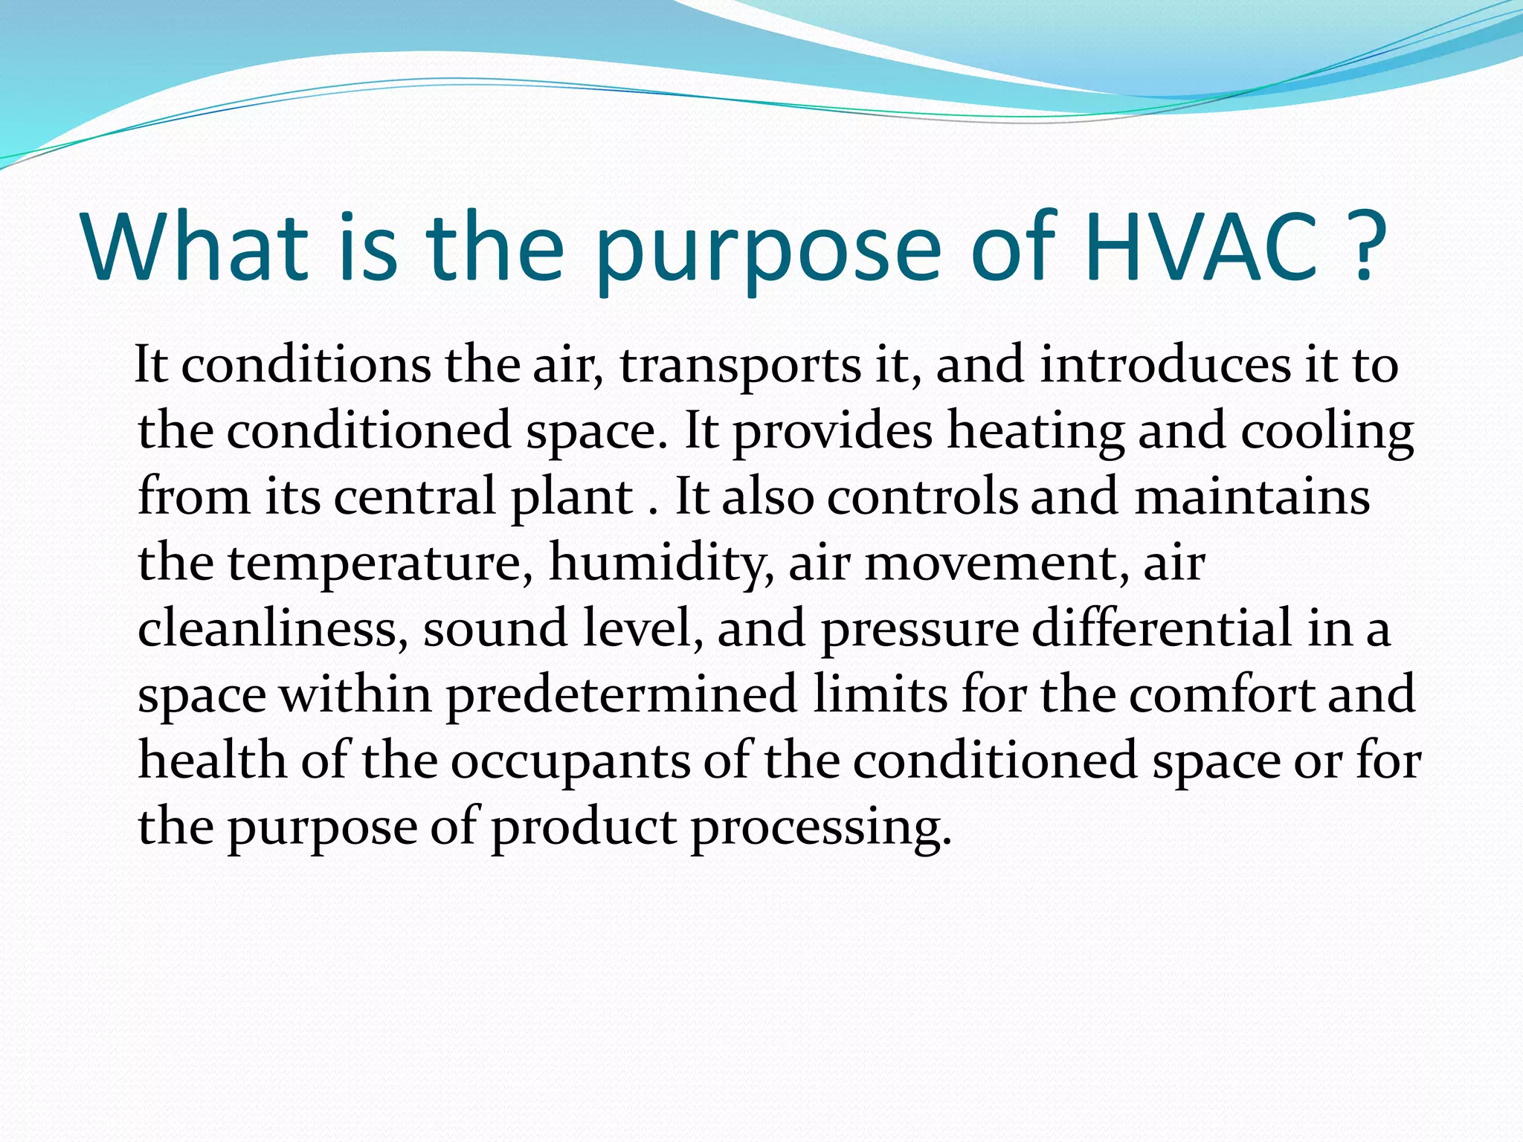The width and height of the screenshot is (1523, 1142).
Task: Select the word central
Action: pyautogui.click(x=414, y=497)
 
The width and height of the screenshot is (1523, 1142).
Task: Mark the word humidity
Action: pyautogui.click(x=660, y=564)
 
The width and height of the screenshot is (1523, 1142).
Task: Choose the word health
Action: pyautogui.click(x=212, y=761)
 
